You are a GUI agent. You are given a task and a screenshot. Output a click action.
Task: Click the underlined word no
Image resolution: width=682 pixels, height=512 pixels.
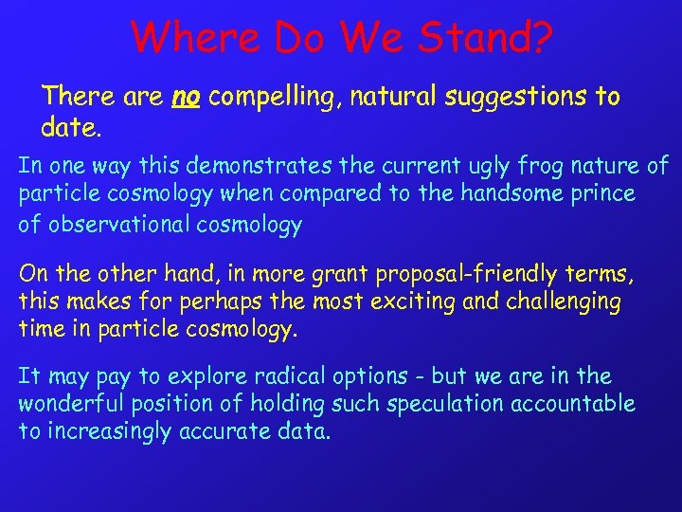click(185, 97)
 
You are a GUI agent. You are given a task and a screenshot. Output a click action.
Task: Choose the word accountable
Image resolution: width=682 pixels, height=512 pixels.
click(574, 404)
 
